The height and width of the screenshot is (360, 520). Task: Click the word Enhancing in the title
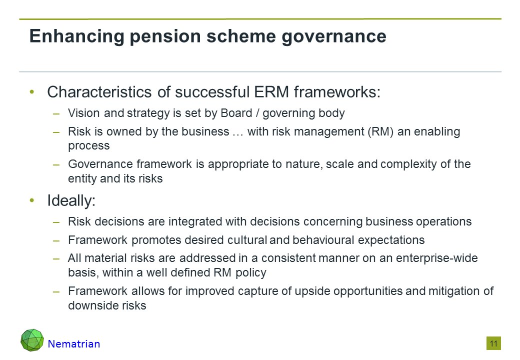pyautogui.click(x=76, y=36)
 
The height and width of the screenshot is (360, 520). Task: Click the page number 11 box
pyautogui.click(x=494, y=343)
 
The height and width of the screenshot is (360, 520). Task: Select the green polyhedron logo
pyautogui.click(x=32, y=340)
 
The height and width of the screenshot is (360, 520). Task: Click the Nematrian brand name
pyautogui.click(x=74, y=344)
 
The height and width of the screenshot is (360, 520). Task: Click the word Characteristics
pyautogui.click(x=100, y=92)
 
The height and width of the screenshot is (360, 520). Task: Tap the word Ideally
pyautogui.click(x=71, y=201)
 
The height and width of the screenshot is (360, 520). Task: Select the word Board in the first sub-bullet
pyautogui.click(x=236, y=113)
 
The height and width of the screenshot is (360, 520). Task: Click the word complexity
pyautogui.click(x=408, y=164)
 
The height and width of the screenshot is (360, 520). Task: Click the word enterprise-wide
pyautogui.click(x=437, y=258)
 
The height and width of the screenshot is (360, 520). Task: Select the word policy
pyautogui.click(x=250, y=273)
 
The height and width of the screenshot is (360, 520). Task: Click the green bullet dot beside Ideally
pyautogui.click(x=32, y=200)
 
